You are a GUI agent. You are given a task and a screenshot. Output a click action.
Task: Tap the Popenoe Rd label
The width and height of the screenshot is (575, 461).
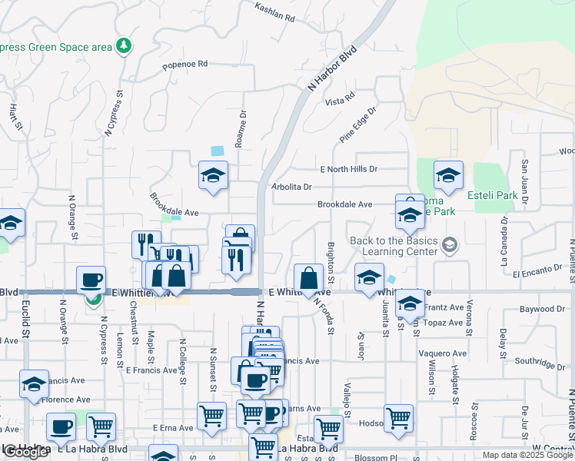tap(185, 65)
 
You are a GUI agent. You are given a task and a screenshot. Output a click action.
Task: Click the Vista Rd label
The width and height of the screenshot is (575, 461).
tap(339, 100)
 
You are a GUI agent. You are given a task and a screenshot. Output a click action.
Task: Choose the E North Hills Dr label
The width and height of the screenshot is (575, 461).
tap(349, 169)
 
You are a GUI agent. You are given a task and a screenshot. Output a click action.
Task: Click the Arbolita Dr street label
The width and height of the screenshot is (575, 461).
tap(291, 187)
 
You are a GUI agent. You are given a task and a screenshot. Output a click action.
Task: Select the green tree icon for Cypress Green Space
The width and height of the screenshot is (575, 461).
tap(123, 47)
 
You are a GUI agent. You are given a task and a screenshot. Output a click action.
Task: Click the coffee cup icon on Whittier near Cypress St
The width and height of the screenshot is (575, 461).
tap(91, 280)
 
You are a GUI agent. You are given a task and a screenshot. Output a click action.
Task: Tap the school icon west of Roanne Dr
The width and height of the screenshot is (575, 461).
tap(213, 176)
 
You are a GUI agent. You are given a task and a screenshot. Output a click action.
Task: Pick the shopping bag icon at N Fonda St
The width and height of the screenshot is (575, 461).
tap(308, 278)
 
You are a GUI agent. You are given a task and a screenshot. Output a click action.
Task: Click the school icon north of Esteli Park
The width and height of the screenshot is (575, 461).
tap(448, 176)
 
